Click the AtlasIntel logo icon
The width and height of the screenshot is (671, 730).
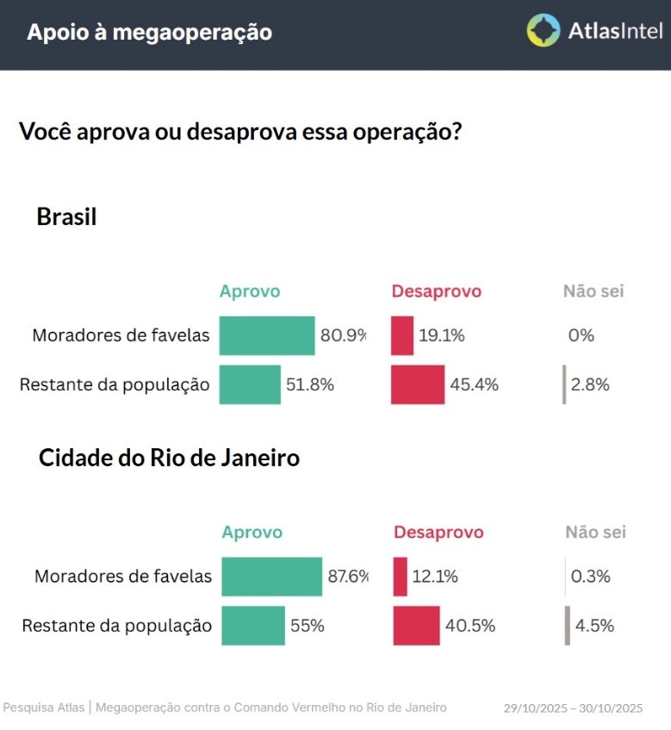(x=544, y=31)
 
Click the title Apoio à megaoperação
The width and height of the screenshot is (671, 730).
(x=149, y=33)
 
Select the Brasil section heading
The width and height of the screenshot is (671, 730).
(x=66, y=217)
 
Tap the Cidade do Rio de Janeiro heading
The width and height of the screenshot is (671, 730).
(x=169, y=458)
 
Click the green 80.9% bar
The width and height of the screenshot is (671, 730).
(x=267, y=335)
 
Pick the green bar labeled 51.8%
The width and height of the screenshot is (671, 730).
(x=250, y=384)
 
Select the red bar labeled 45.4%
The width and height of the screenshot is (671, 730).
(x=418, y=384)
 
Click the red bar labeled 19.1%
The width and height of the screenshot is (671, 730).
(x=402, y=335)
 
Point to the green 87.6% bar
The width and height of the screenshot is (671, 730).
(x=271, y=577)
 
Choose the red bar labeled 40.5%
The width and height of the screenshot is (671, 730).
(x=416, y=626)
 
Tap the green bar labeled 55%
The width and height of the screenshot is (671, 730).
(x=253, y=626)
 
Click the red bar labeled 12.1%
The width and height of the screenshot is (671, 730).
(x=401, y=577)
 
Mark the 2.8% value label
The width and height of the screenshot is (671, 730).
(x=591, y=385)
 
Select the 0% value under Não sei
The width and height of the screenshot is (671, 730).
(x=581, y=336)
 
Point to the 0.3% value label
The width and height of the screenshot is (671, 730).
(x=591, y=577)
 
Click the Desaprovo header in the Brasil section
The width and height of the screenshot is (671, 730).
(x=437, y=291)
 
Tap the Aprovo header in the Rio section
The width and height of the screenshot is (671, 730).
(x=252, y=533)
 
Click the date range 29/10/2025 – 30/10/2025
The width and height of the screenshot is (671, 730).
(x=573, y=708)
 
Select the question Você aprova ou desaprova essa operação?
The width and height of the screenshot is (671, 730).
(x=239, y=133)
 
